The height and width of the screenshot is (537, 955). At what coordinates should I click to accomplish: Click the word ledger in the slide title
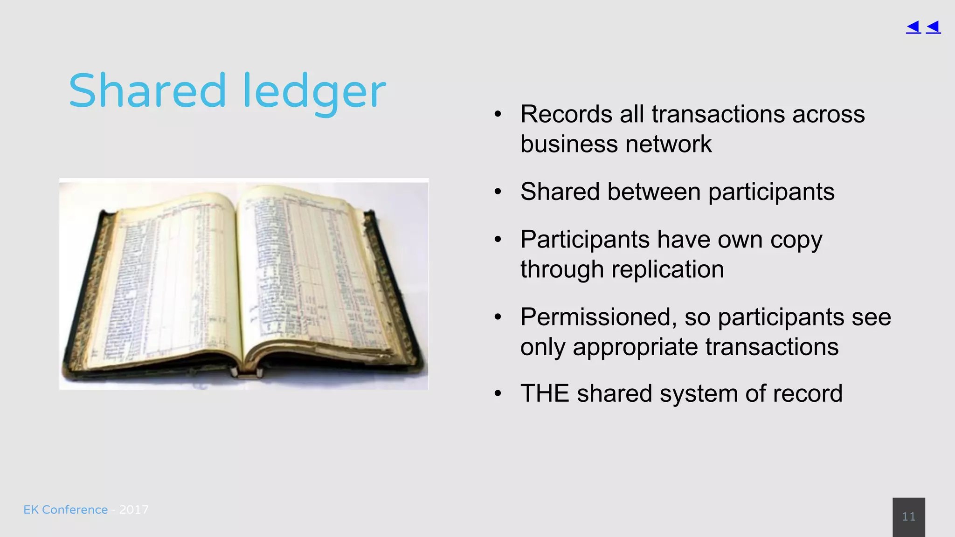click(314, 92)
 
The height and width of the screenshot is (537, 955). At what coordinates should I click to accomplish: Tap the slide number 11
click(908, 516)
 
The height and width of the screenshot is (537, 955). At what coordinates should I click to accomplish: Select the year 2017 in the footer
click(134, 509)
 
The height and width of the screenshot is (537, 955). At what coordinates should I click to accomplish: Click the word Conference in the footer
click(75, 509)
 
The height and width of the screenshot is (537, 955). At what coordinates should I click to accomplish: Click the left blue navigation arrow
click(913, 27)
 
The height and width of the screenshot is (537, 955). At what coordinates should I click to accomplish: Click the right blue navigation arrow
click(933, 27)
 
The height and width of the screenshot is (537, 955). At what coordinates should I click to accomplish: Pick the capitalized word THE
click(545, 393)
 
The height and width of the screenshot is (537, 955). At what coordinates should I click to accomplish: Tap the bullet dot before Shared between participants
click(498, 192)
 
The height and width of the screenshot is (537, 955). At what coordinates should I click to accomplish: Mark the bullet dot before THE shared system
click(498, 394)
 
